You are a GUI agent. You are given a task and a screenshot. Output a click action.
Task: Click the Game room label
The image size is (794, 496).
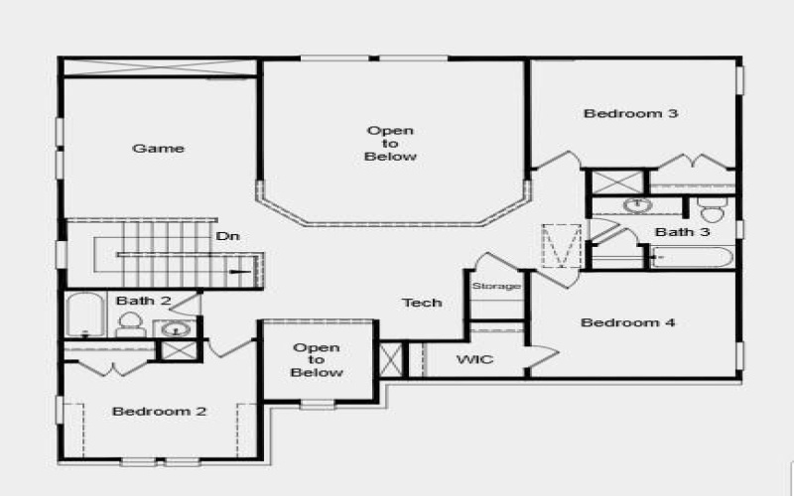point(159,149)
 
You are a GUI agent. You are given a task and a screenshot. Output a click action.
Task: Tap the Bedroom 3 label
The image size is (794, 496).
point(630,113)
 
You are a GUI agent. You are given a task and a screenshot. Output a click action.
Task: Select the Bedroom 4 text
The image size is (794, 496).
point(628,322)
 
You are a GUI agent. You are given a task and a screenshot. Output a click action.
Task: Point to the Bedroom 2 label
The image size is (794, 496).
point(159,411)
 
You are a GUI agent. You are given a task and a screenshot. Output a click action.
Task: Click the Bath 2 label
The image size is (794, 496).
point(144,300)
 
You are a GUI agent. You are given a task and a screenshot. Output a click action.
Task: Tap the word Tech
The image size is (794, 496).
point(422,303)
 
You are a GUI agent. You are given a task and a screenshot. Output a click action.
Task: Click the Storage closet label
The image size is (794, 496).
point(496,287)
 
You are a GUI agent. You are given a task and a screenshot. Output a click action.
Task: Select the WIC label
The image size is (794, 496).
point(474,359)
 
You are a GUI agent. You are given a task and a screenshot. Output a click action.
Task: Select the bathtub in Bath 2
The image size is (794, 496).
point(84,315)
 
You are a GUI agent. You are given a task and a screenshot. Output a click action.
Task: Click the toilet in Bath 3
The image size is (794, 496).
point(712,210)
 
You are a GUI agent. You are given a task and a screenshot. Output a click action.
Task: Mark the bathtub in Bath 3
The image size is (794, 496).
point(692,258)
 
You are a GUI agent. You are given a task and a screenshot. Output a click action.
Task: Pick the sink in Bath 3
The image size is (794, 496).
point(636,206)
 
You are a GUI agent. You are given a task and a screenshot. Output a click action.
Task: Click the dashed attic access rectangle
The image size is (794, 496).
point(561,246)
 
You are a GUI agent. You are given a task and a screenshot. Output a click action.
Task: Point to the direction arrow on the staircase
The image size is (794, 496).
point(241,270)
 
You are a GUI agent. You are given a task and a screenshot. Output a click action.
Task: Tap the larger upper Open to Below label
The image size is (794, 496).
point(391,144)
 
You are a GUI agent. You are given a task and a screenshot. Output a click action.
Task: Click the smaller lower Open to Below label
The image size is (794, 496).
point(317,360)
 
